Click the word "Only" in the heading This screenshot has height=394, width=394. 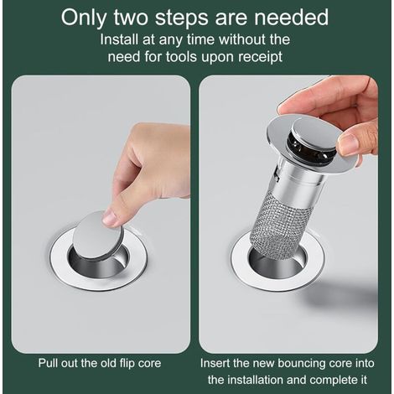click(83, 18)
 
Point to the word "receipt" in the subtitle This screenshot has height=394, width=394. click(261, 58)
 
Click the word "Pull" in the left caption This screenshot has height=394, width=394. click(47, 363)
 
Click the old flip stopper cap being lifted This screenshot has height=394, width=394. click(98, 236)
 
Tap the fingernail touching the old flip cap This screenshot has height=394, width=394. click(110, 218)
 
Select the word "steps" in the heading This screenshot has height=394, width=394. click(181, 18)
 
